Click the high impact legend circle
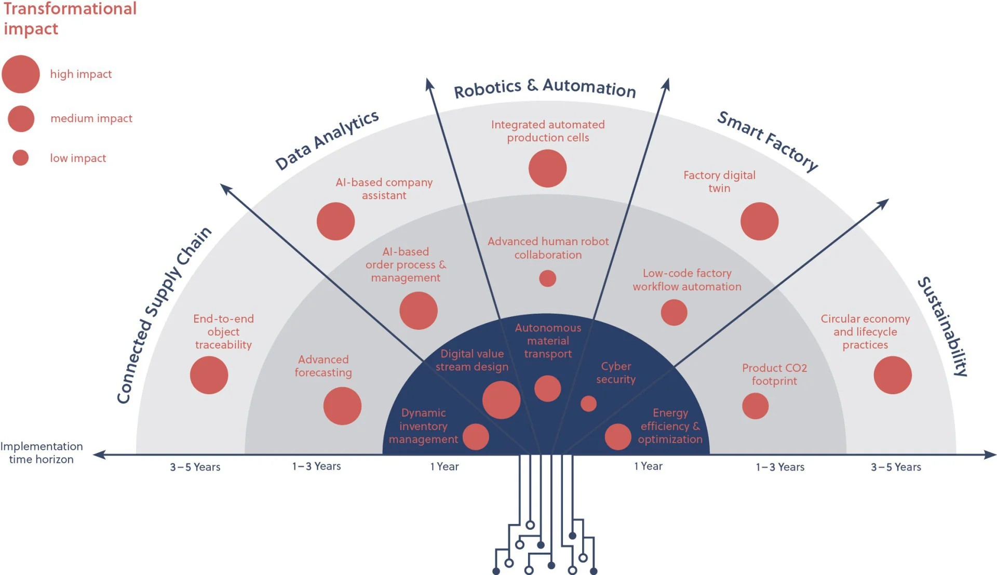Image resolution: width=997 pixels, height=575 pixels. [x=21, y=74]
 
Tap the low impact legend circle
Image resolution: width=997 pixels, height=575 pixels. [x=21, y=157]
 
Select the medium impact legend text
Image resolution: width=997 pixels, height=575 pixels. [x=91, y=118]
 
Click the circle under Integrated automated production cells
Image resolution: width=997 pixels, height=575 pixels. [x=547, y=168]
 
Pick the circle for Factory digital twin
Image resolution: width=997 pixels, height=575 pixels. [x=759, y=221]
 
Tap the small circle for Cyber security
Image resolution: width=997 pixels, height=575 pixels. [x=588, y=404]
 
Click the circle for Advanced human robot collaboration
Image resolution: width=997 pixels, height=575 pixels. [x=547, y=278]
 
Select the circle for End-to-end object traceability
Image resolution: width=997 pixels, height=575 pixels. [x=209, y=375]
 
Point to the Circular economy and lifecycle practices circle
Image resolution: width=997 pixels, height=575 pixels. [x=892, y=375]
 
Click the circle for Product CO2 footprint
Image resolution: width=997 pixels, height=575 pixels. [x=755, y=406]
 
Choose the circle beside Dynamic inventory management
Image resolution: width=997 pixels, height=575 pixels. [x=476, y=437]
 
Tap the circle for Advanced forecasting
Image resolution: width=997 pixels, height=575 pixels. [x=342, y=406]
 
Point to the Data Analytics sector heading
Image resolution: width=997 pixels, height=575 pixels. [x=327, y=140]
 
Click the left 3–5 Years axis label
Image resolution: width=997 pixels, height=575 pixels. [x=195, y=467]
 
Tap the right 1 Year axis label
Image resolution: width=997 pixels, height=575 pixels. [x=648, y=466]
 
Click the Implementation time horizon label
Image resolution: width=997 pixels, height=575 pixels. [x=42, y=452]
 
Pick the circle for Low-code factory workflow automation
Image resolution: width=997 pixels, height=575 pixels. [x=673, y=313]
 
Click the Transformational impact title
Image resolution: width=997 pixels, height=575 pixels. [x=70, y=19]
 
